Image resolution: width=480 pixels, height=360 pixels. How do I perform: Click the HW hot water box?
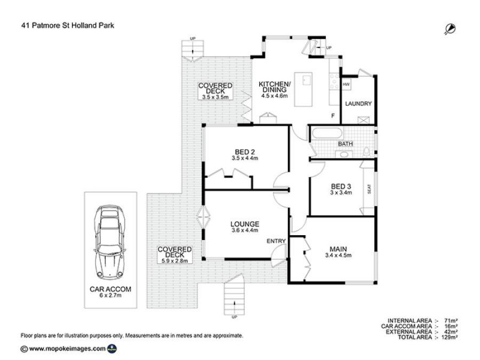tap(346, 85)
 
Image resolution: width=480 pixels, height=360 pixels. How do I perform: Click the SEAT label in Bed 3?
tap(368, 189)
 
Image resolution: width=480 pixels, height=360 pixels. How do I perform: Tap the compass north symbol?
tap(449, 28)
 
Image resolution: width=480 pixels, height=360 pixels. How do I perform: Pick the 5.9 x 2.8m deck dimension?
tap(174, 261)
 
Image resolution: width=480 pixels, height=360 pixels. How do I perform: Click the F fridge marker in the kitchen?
tap(332, 115)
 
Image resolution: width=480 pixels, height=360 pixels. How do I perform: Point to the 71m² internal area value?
tap(451, 321)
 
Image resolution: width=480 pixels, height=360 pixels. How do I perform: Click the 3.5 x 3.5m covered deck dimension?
tap(215, 96)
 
